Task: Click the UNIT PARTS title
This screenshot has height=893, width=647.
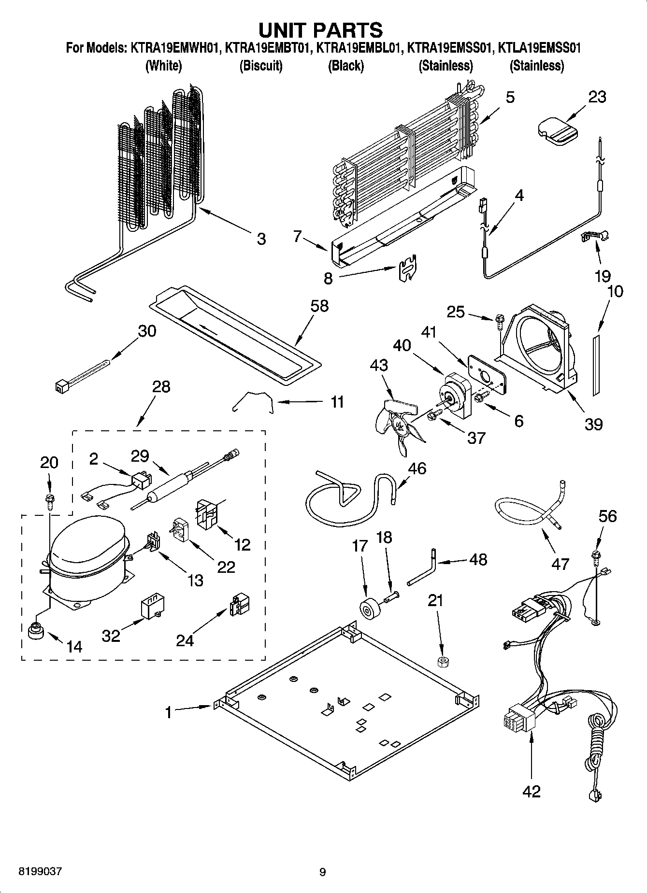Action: [x=320, y=30]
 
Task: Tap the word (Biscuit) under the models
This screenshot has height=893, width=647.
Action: [x=261, y=66]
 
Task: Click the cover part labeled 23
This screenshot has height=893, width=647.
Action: [x=557, y=129]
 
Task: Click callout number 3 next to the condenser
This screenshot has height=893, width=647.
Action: [x=261, y=239]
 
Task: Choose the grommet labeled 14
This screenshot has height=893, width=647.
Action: [x=35, y=631]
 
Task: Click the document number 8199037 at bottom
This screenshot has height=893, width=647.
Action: [x=41, y=872]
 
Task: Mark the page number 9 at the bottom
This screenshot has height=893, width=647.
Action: [x=323, y=872]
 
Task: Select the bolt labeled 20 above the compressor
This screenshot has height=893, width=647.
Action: [x=49, y=498]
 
